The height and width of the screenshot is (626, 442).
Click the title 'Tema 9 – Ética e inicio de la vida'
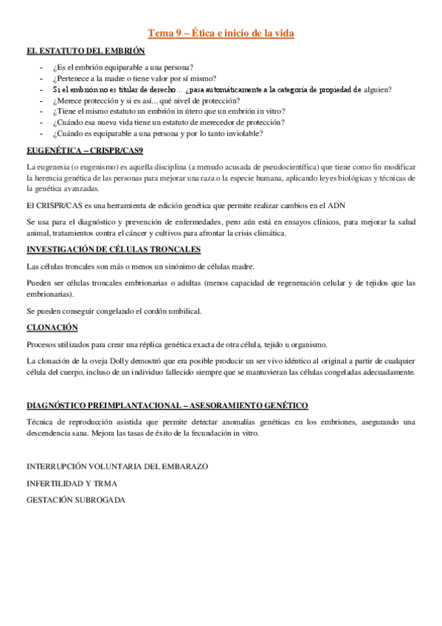point(221,34)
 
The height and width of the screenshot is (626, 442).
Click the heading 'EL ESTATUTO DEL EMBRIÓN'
point(85,52)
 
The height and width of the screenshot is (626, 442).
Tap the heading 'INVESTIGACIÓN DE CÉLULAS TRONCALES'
point(113,250)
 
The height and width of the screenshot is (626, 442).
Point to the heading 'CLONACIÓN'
point(52,328)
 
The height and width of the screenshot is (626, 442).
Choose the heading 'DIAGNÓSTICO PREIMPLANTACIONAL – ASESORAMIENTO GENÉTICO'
point(167,406)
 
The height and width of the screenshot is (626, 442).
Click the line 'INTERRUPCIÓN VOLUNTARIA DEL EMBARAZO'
point(117,467)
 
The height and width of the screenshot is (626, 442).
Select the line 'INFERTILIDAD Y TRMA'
point(72,484)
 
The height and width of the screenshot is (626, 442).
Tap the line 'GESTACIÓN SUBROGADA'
point(76,500)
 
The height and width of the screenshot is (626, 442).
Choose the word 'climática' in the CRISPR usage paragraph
point(269,233)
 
